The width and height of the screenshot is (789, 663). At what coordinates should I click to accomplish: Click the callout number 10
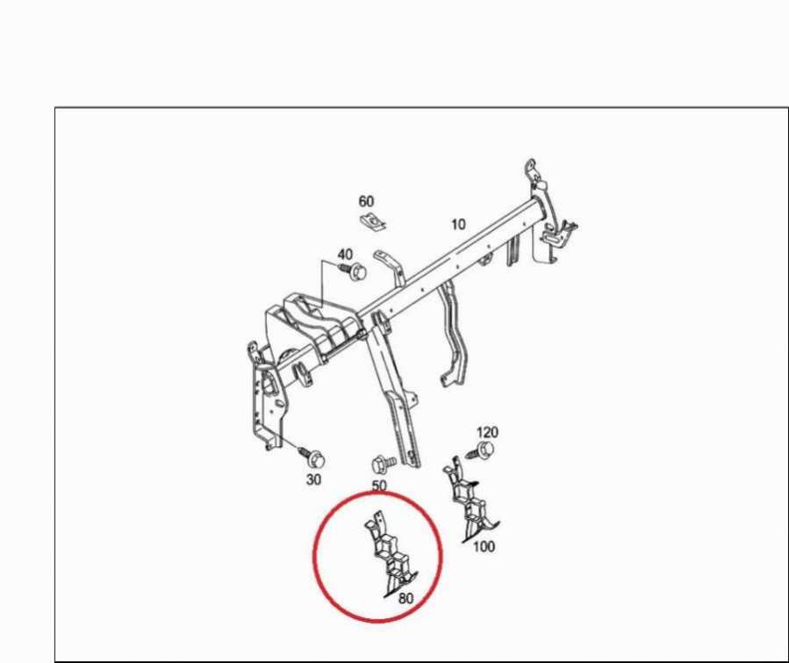[x=458, y=224]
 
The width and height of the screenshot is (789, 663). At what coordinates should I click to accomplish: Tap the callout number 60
[x=366, y=201]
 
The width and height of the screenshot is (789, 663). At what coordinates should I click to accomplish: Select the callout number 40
[x=345, y=255]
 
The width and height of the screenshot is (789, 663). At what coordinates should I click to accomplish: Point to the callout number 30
[x=313, y=479]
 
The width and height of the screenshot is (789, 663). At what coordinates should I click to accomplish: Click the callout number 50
[x=379, y=486]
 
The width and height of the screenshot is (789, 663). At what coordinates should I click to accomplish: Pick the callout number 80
[x=405, y=598]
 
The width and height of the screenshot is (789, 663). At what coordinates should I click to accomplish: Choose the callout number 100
[x=484, y=546]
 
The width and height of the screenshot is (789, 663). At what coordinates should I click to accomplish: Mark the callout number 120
[x=487, y=432]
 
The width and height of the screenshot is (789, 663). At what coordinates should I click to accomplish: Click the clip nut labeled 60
[x=373, y=221]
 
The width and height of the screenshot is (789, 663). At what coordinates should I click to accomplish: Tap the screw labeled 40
[x=354, y=271]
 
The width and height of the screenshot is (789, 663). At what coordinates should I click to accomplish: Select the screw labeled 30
[x=312, y=457]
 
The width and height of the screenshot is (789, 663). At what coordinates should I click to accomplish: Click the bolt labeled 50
[x=383, y=464]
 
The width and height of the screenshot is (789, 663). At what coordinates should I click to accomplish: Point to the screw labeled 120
[x=480, y=450]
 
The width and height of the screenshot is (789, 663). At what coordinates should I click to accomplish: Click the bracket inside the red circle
[x=390, y=554]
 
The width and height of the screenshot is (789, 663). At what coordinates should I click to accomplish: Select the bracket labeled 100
[x=470, y=501]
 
